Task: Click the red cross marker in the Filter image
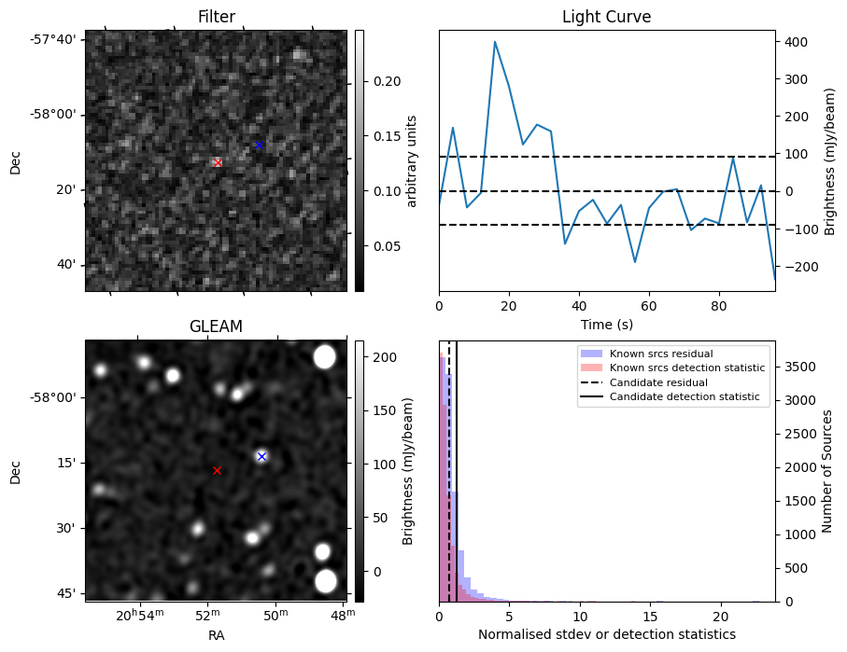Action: [x=218, y=162]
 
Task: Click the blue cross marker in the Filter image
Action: [x=259, y=145]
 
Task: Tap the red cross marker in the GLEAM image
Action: [x=217, y=471]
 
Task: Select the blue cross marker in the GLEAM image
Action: [x=261, y=456]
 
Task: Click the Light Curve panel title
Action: [x=606, y=17]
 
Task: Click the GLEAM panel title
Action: [x=216, y=326]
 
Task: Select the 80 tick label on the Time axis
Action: [x=718, y=304]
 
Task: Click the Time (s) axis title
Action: [x=606, y=322]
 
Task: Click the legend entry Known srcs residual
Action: [x=660, y=354]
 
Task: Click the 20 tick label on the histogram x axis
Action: [x=720, y=617]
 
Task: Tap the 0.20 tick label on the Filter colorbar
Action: [x=387, y=81]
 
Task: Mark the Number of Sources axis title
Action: [x=828, y=471]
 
